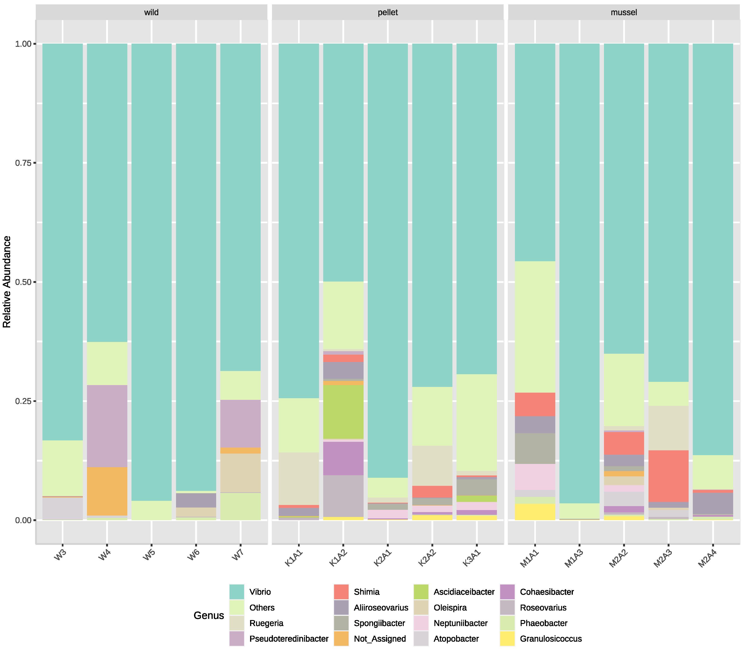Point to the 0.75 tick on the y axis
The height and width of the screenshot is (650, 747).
(x=23, y=163)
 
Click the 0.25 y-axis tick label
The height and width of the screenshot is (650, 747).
(x=23, y=401)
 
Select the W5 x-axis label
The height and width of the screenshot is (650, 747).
(x=149, y=555)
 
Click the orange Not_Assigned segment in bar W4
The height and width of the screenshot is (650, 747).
(x=107, y=491)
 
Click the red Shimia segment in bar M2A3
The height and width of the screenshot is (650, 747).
(x=668, y=476)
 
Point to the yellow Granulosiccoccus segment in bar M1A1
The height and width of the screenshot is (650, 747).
(x=535, y=512)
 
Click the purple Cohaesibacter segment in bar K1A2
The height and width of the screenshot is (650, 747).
(x=343, y=458)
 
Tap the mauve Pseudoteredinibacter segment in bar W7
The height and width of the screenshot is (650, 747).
(x=240, y=424)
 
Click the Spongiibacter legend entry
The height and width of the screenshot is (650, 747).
(x=379, y=623)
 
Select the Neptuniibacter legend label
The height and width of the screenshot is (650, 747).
(x=460, y=623)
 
